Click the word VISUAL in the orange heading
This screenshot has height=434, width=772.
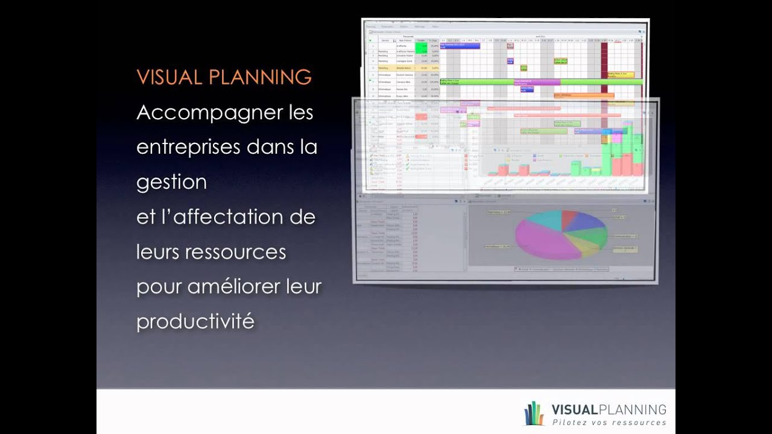(168, 77)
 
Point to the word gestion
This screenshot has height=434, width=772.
(171, 182)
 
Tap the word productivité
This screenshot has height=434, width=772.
(195, 321)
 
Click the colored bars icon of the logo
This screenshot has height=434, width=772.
(534, 414)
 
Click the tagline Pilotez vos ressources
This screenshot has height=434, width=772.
(609, 423)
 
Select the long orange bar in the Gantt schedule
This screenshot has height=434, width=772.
(583, 95)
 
